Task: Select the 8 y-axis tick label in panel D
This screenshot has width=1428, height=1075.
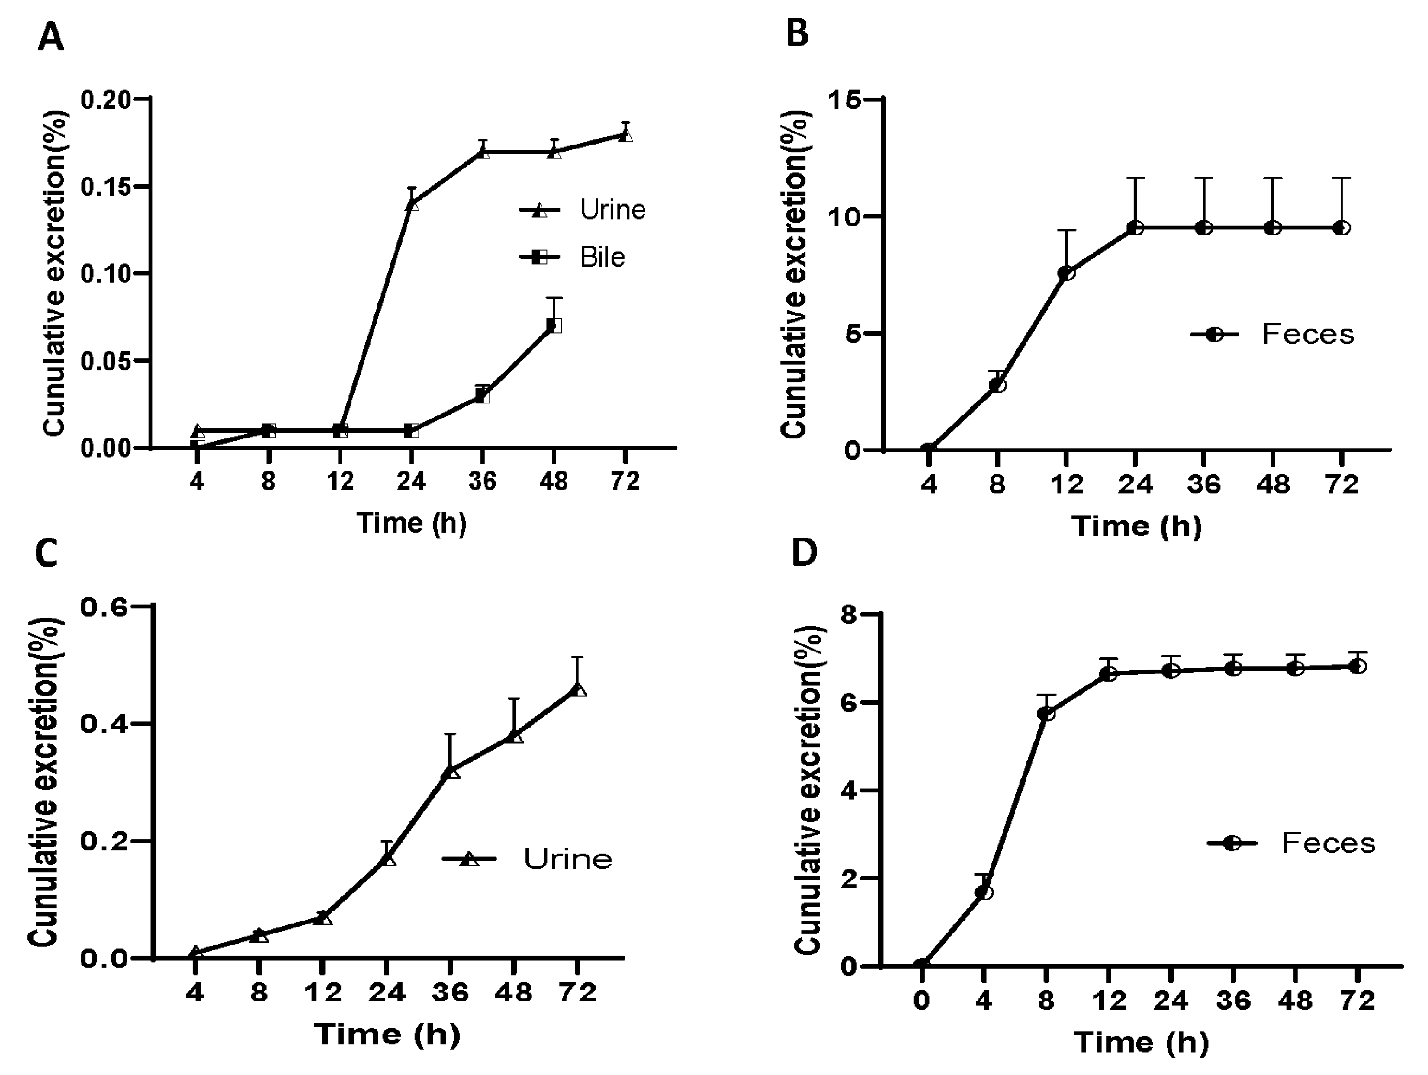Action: click(850, 615)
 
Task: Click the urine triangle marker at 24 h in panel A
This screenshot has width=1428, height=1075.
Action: click(412, 205)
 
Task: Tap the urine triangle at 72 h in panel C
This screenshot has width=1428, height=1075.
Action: click(579, 690)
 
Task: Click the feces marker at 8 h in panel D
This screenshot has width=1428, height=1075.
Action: click(1046, 714)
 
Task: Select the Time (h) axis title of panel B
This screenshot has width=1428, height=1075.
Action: click(1137, 526)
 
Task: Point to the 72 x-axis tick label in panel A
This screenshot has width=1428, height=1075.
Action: click(624, 480)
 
